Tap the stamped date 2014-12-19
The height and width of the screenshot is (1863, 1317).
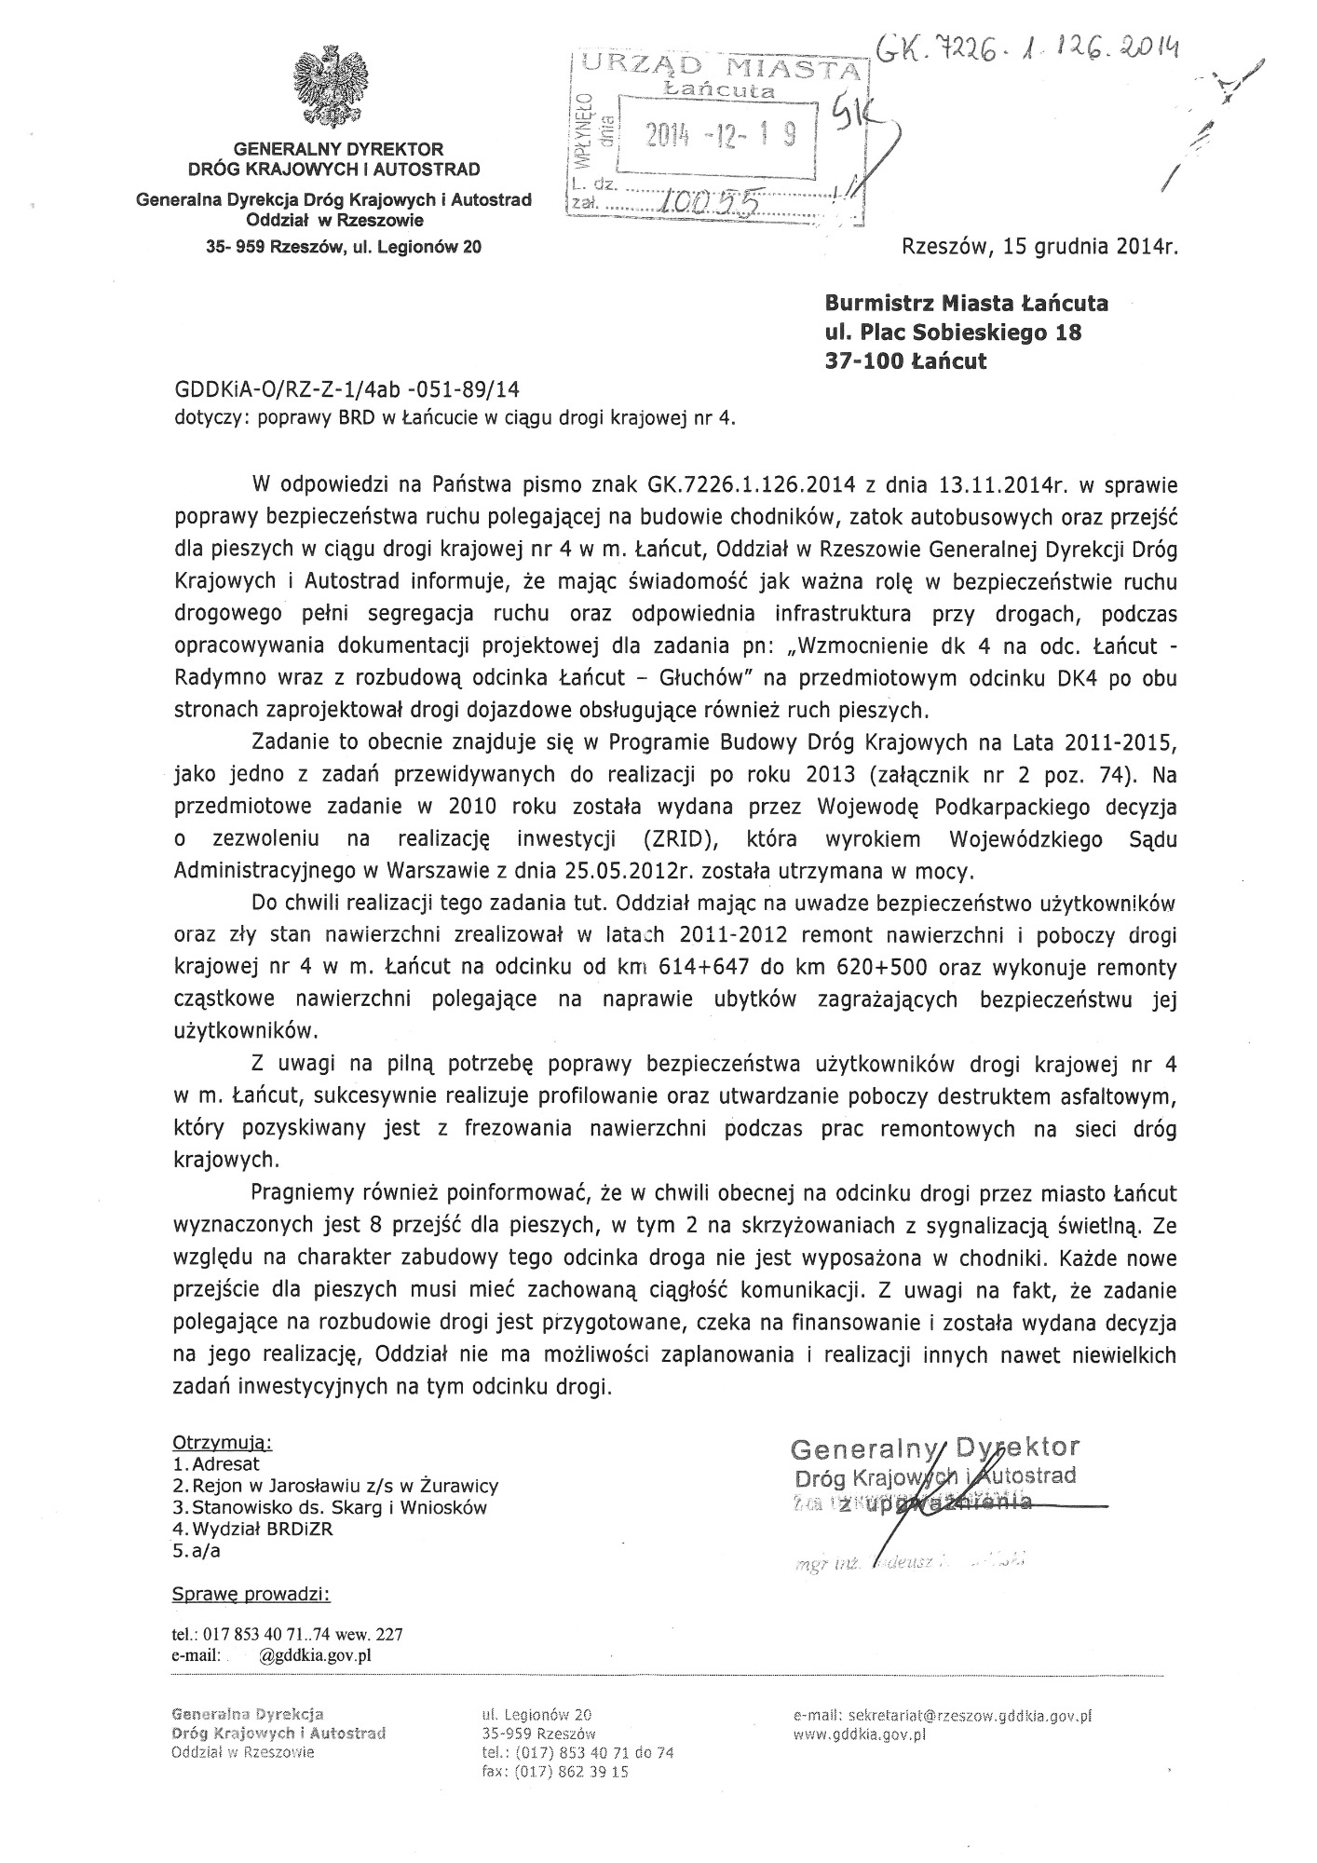click(722, 137)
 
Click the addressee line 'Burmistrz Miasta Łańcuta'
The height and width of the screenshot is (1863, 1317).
click(966, 304)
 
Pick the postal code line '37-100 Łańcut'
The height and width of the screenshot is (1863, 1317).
click(905, 361)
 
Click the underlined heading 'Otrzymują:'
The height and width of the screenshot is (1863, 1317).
click(223, 1443)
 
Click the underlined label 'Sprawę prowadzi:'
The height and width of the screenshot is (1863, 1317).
click(251, 1594)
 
